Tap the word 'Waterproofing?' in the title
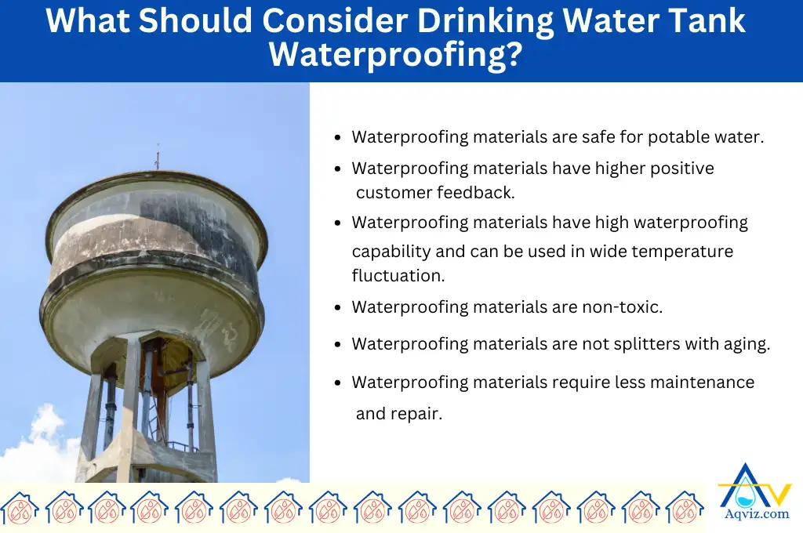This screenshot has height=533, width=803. [x=396, y=56]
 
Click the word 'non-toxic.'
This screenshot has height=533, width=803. [x=623, y=307]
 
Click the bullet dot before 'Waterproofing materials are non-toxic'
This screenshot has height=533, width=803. [x=337, y=308]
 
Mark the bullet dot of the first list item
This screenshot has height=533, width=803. [x=337, y=137]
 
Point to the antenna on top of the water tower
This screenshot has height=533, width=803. [x=157, y=157]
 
